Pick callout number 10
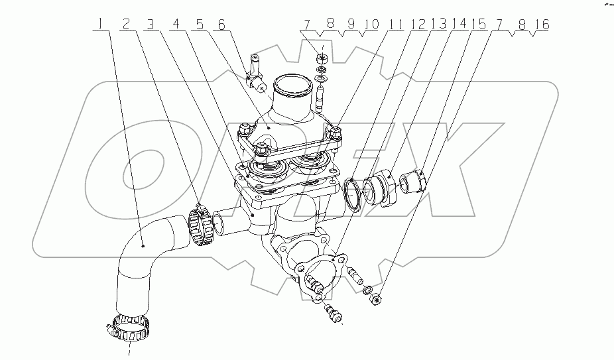(x=370, y=25)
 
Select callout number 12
(x=418, y=25)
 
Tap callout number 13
(x=439, y=25)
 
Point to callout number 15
(x=479, y=25)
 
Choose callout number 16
(x=542, y=25)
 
